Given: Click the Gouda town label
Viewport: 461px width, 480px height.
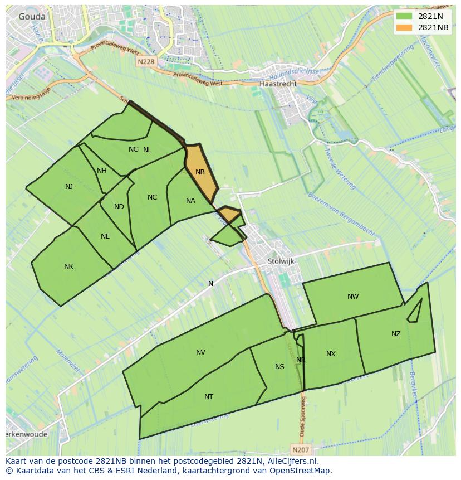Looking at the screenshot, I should coord(32,17).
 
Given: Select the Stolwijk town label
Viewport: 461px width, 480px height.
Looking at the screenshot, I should coord(281,261).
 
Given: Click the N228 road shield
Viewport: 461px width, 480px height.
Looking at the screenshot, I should coord(145,62).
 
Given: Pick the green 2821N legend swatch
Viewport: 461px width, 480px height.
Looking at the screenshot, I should coord(405,17).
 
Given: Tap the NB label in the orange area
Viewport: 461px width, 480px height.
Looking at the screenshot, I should coord(200,172).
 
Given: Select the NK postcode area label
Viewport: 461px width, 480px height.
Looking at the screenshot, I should coord(68,266).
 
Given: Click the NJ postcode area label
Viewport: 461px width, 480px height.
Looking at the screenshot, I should coord(69,187).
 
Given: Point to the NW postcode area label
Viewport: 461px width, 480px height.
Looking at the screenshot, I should coord(353,297).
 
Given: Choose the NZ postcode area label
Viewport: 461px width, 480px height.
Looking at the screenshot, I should coord(396,334).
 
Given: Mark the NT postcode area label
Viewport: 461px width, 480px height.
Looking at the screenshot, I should coord(209,397).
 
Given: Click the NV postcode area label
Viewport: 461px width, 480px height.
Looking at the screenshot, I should coord(201,352).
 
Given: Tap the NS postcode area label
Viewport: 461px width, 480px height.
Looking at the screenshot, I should coord(279,366).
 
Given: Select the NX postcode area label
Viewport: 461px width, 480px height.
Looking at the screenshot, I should coord(331,354).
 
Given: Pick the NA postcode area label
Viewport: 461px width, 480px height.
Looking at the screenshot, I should coord(190,201).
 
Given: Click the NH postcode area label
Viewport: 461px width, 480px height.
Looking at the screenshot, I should coord(101,171).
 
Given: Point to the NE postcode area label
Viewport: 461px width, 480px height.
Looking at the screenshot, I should coord(105,236).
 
